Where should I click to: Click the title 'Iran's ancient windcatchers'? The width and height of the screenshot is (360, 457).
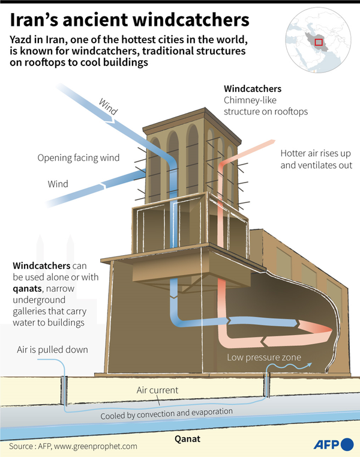pyautogui.click(x=129, y=20)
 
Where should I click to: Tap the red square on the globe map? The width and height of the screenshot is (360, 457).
pyautogui.click(x=319, y=41)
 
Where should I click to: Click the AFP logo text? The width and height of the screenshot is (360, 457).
pyautogui.click(x=326, y=445)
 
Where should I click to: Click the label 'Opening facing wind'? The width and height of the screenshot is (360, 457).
pyautogui.click(x=79, y=158)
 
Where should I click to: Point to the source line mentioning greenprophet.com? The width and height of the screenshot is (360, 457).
pyautogui.click(x=73, y=446)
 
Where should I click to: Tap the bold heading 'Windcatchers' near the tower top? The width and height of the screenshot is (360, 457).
pyautogui.click(x=252, y=89)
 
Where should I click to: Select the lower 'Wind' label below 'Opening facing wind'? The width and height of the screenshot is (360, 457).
pyautogui.click(x=58, y=183)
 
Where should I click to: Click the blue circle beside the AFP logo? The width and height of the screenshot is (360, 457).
pyautogui.click(x=348, y=445)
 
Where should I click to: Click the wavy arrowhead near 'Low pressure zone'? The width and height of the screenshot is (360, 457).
pyautogui.click(x=312, y=362)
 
